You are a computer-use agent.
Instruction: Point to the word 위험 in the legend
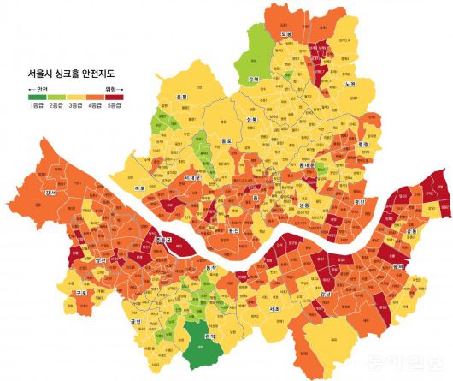(112, 88)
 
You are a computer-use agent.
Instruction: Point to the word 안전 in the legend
(42, 88)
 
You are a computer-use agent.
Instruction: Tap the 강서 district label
(50, 193)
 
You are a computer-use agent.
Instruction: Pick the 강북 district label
(253, 79)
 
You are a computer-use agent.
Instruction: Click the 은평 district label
(182, 98)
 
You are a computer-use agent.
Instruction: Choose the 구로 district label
(82, 293)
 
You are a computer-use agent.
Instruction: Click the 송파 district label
(397, 268)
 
